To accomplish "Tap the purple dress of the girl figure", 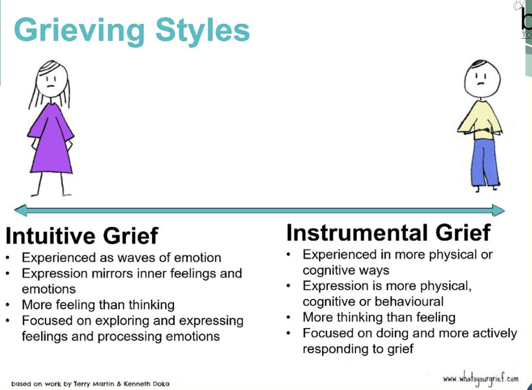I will click(51, 140).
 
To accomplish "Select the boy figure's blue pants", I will click(485, 162).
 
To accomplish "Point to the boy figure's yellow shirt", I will click(480, 119).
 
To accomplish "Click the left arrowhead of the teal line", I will click(20, 210).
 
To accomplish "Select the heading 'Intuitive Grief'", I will click(81, 236).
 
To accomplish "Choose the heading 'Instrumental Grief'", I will click(388, 232).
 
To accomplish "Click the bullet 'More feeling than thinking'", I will click(98, 305).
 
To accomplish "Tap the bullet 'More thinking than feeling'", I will click(379, 317).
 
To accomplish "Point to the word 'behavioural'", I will click(412, 301).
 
